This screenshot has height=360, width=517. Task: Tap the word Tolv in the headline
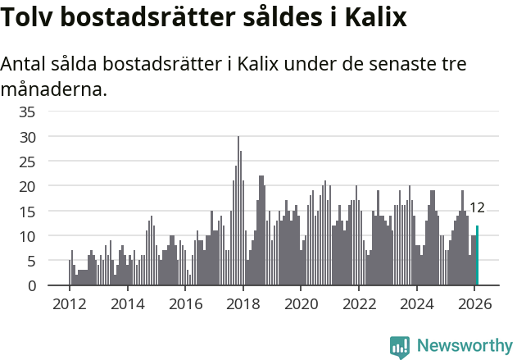[29, 17]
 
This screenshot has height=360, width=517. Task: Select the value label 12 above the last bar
[477, 207]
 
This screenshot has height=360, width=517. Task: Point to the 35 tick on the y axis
[27, 112]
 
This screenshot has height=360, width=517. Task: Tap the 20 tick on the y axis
[27, 186]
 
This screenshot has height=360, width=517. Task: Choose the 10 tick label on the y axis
[27, 236]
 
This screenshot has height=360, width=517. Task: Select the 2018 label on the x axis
[243, 303]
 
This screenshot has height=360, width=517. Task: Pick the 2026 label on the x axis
[474, 303]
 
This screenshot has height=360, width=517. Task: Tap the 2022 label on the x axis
[358, 303]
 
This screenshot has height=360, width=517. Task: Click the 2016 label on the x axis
[184, 303]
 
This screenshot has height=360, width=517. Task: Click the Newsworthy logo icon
[400, 346]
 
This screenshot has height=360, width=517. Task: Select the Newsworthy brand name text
[464, 346]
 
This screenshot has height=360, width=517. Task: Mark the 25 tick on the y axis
[27, 162]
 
